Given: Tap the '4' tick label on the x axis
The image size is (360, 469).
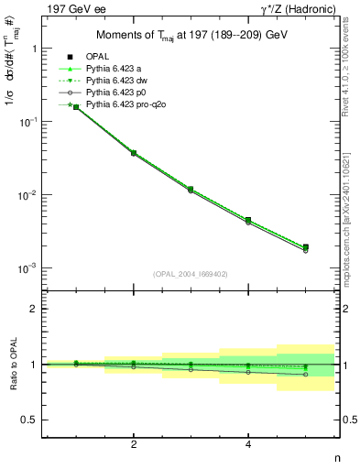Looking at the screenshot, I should (x=248, y=445).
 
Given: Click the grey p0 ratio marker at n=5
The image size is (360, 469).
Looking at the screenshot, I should (x=305, y=375).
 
